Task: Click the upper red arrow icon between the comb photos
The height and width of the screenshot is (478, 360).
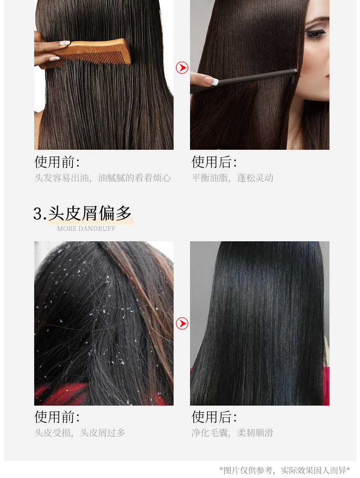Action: (182, 68)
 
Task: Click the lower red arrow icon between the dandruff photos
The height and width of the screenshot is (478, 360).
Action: (182, 323)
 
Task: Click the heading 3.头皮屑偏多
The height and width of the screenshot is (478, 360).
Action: (82, 213)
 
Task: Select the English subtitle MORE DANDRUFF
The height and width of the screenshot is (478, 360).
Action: (86, 229)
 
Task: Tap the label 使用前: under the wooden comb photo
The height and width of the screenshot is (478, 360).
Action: (57, 162)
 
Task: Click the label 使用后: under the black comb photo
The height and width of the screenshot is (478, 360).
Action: (214, 162)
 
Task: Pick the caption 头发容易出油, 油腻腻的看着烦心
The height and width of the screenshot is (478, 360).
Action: (103, 178)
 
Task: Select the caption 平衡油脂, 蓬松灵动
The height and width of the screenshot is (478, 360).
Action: (232, 178)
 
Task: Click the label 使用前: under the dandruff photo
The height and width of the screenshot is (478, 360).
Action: (57, 417)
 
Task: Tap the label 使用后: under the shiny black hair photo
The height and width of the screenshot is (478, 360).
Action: (214, 417)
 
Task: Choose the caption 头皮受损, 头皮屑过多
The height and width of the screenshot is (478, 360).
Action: (80, 432)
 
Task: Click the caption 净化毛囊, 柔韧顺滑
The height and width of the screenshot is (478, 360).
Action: (232, 432)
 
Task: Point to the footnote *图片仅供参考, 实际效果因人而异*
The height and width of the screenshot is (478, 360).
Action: (285, 470)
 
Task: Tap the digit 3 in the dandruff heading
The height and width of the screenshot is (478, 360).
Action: (37, 214)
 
